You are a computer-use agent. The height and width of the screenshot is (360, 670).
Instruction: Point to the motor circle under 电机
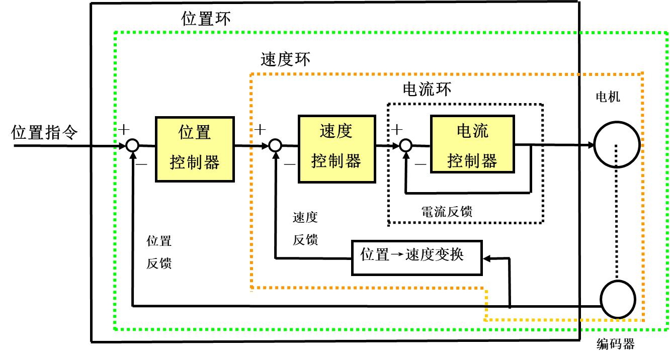tap(617, 145)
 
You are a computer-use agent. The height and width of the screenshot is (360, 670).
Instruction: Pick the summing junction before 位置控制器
tap(132, 146)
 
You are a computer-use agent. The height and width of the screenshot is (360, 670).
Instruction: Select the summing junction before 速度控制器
tap(274, 146)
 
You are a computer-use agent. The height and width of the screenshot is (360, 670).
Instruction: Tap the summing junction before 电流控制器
tap(405, 146)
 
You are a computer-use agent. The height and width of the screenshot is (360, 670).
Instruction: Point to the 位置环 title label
tap(206, 19)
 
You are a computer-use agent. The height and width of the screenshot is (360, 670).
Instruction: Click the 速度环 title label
tap(285, 59)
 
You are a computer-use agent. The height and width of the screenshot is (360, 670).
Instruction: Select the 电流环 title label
tap(427, 89)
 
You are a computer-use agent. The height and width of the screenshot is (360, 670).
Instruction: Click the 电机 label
tap(608, 97)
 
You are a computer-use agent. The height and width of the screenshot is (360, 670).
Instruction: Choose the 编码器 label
tap(615, 344)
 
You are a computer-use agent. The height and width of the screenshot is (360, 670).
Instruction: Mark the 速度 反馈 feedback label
tap(305, 229)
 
